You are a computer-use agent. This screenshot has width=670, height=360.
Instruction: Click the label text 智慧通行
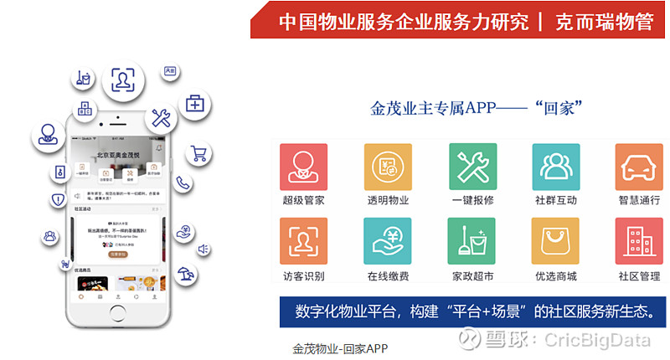pyautogui.click(x=639, y=201)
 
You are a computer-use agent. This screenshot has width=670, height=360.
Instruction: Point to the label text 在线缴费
pyautogui.click(x=388, y=276)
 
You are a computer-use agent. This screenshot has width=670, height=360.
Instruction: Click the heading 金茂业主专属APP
pyautogui.click(x=435, y=109)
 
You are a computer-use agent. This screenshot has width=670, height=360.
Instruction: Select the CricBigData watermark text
pyautogui.click(x=587, y=339)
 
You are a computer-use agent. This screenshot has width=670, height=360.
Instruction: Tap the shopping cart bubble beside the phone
pyautogui.click(x=199, y=154)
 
